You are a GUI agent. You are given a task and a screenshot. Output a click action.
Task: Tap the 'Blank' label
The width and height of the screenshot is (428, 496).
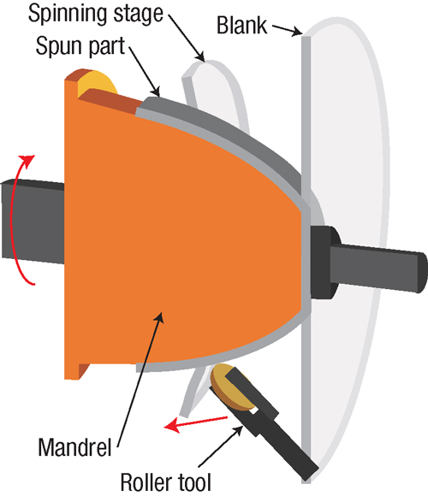(241, 26)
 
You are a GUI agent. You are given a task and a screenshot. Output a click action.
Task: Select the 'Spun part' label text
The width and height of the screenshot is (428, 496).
(80, 47)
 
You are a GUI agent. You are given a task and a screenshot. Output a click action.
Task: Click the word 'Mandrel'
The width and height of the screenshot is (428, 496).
(74, 447)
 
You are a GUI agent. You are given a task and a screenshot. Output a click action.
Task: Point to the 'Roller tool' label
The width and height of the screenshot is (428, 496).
(165, 482)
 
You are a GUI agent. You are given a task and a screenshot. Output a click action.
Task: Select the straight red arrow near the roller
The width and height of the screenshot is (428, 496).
(196, 423)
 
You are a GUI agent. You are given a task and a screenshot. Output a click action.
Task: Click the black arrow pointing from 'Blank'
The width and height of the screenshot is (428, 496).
(287, 30)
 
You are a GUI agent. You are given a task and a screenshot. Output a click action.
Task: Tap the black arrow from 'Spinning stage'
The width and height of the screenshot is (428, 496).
(187, 38)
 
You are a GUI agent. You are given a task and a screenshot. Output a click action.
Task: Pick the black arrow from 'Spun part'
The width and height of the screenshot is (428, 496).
(145, 71)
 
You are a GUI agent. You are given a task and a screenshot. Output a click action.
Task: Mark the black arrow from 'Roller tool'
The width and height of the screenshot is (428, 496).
(221, 446)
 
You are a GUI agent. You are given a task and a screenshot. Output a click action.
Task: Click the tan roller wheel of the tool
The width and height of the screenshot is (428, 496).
(228, 387)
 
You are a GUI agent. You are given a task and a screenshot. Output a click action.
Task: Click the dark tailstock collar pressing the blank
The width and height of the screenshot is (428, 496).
(323, 262)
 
